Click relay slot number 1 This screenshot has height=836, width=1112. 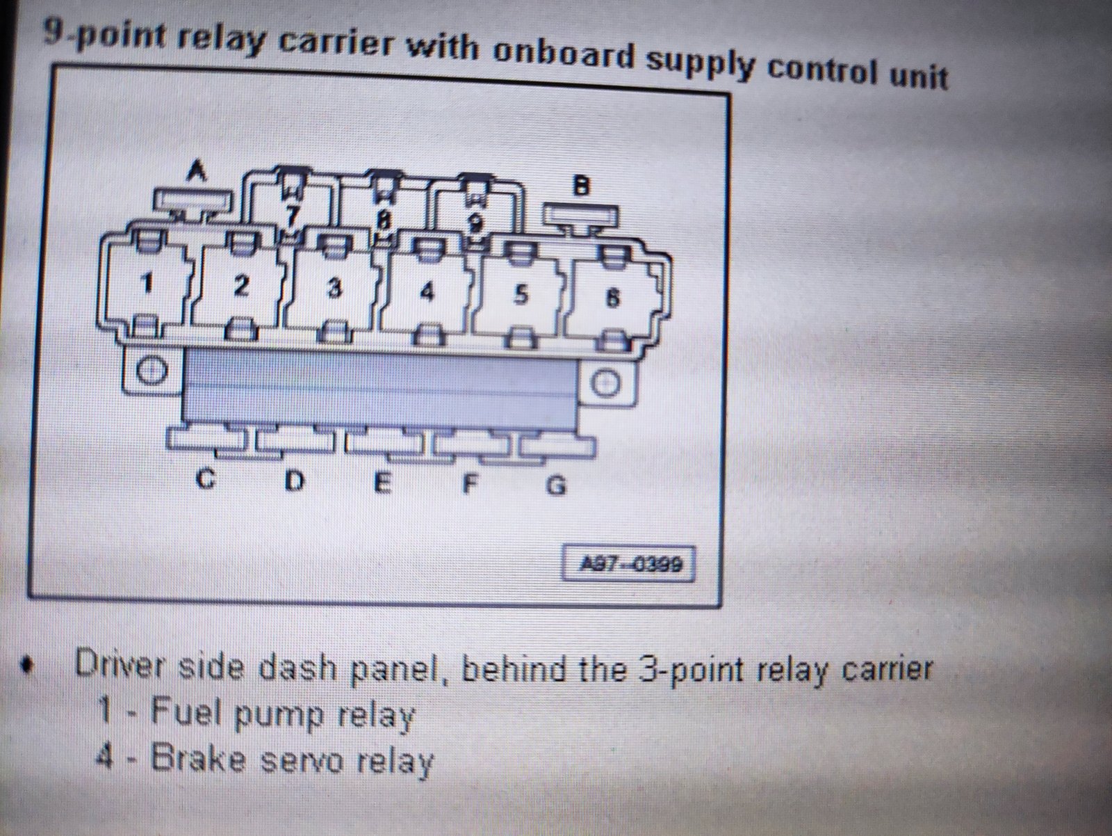pyautogui.click(x=147, y=283)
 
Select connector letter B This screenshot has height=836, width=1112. pyautogui.click(x=582, y=186)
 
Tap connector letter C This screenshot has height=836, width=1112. pyautogui.click(x=205, y=479)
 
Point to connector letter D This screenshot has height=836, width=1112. pyautogui.click(x=295, y=481)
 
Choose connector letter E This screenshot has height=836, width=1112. pyautogui.click(x=383, y=483)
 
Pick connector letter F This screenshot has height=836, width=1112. pyautogui.click(x=470, y=485)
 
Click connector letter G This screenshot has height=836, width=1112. pyautogui.click(x=556, y=486)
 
